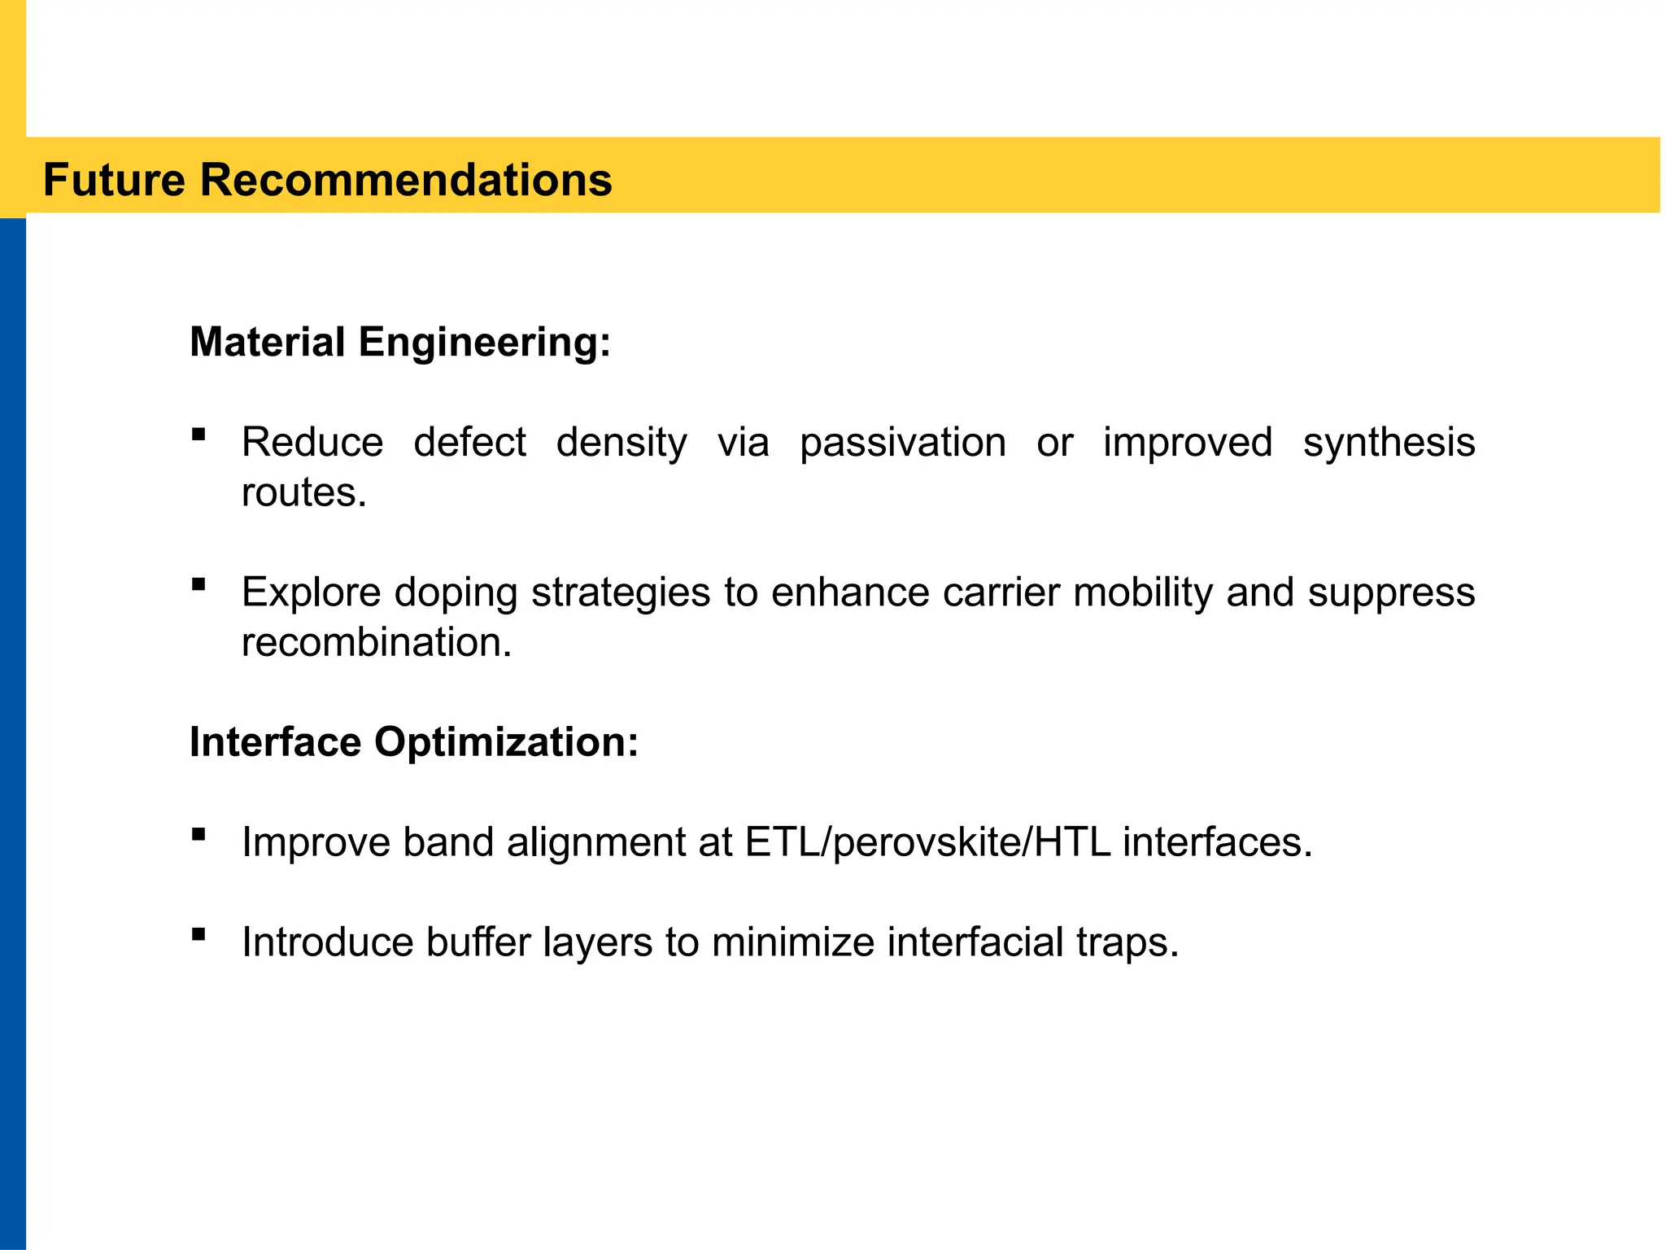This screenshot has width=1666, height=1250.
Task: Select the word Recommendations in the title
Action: pyautogui.click(x=405, y=180)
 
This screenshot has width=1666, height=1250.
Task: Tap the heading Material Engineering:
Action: pyautogui.click(x=399, y=342)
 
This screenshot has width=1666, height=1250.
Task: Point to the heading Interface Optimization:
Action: pyautogui.click(x=413, y=742)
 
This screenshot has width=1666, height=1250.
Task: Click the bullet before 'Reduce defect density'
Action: pyautogui.click(x=198, y=435)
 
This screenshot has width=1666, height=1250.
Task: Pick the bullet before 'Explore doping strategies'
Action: pyautogui.click(x=198, y=584)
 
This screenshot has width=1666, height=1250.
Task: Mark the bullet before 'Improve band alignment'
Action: pyautogui.click(x=198, y=834)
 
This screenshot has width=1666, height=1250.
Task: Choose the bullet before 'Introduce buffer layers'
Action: pyautogui.click(x=198, y=934)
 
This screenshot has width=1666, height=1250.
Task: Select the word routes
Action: pyautogui.click(x=303, y=493)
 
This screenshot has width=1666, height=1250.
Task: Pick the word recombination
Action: pyautogui.click(x=377, y=643)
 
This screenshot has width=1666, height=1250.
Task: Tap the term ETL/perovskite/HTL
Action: pyautogui.click(x=927, y=843)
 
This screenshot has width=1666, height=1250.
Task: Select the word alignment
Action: pyautogui.click(x=596, y=843)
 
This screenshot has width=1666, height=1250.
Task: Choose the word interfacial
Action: pyautogui.click(x=975, y=943)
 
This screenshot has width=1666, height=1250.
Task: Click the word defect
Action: pyautogui.click(x=469, y=443)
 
